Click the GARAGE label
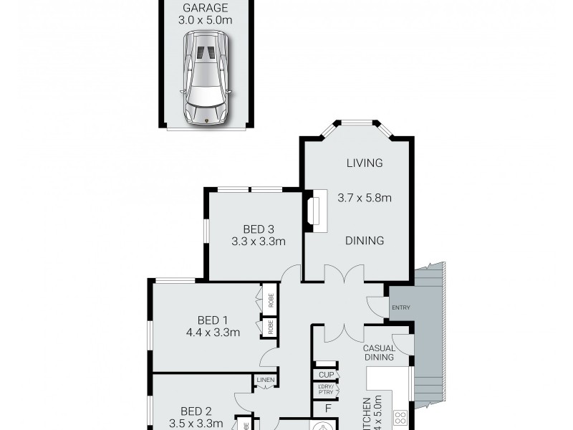pos(206,8)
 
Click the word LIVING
pos(365,163)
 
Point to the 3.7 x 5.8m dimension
pos(365,198)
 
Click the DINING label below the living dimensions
pos(365,241)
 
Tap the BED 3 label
pos(259,229)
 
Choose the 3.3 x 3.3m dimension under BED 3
pos(259,242)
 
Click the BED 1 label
pos(212,320)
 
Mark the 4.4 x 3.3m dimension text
pos(212,333)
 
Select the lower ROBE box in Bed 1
pos(271,327)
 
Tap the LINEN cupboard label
pos(265,381)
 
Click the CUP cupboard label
pos(326,375)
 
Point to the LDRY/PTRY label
pos(326,391)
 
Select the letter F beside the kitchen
pos(328,410)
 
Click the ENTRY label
pos(400,307)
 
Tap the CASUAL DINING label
pos(380,353)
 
